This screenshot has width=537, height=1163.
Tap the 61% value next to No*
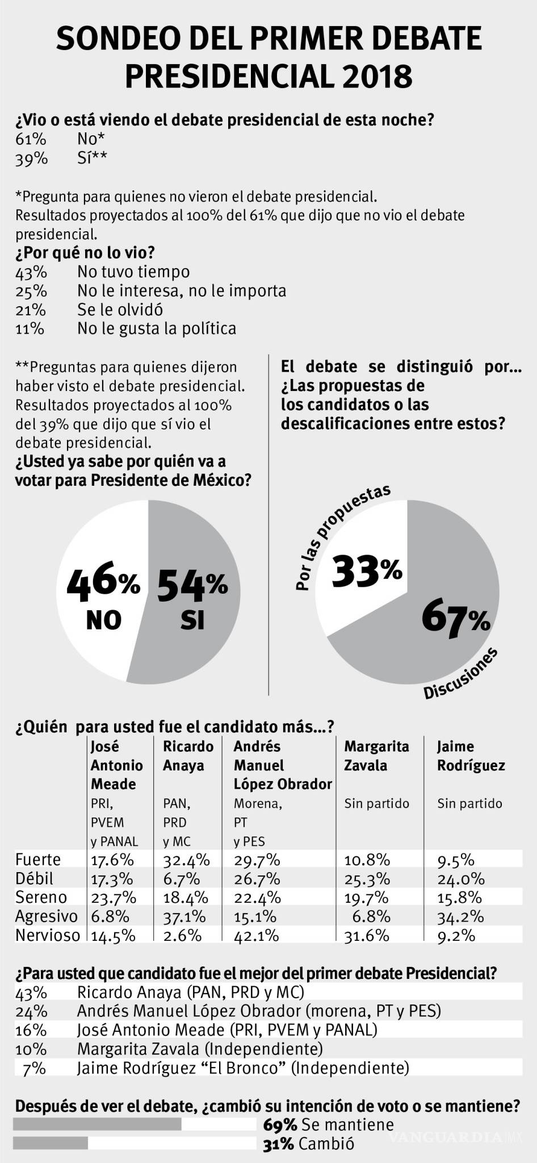coord(31,139)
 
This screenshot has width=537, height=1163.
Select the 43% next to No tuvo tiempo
coord(31,273)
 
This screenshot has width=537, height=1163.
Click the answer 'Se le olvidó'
coord(120,310)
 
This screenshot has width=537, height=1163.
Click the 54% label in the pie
coord(192,585)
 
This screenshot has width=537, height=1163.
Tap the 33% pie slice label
coord(367,571)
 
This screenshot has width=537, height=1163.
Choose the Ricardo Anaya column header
coord(188,756)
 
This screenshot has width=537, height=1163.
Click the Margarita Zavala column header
coord(376,756)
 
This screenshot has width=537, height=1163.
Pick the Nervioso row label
coord(48,935)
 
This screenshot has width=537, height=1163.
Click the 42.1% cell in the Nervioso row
coord(256,935)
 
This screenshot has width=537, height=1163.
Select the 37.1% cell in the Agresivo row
coord(186,916)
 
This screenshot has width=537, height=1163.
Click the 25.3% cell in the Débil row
coord(367,879)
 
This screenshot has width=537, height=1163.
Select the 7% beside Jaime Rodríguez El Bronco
coord(34,1068)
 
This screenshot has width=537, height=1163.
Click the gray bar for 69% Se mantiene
coord(97,1124)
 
